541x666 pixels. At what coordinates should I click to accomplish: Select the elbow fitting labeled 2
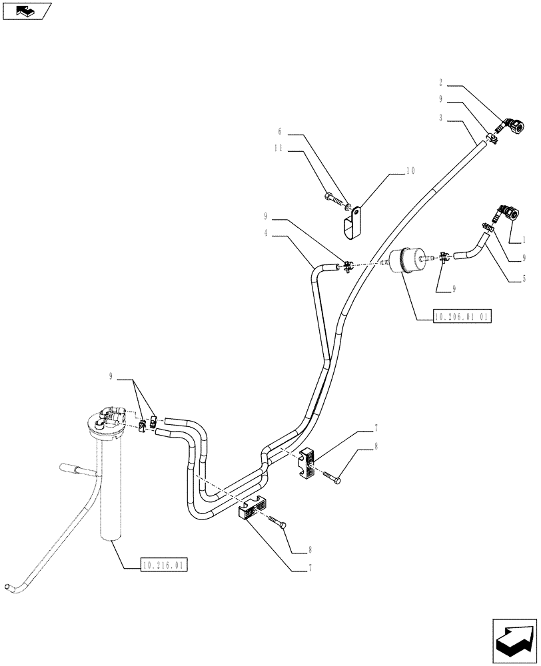512,125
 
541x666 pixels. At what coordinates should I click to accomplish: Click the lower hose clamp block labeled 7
253,509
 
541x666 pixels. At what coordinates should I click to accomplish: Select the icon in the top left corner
27,11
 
